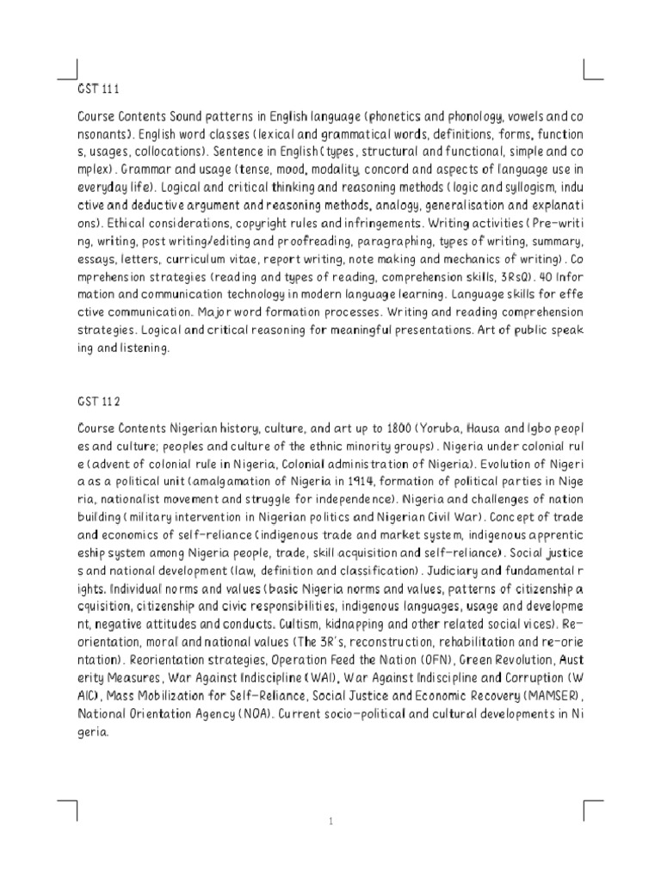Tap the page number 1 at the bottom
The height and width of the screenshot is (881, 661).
point(330,822)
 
